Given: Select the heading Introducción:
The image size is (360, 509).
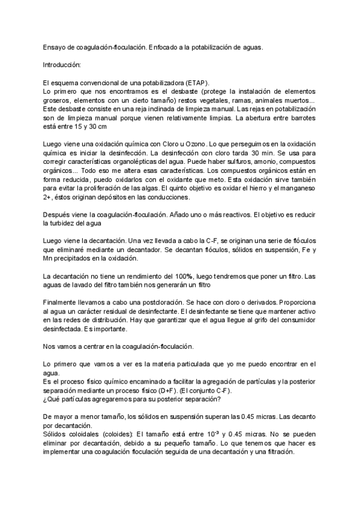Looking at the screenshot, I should tap(65, 64).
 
